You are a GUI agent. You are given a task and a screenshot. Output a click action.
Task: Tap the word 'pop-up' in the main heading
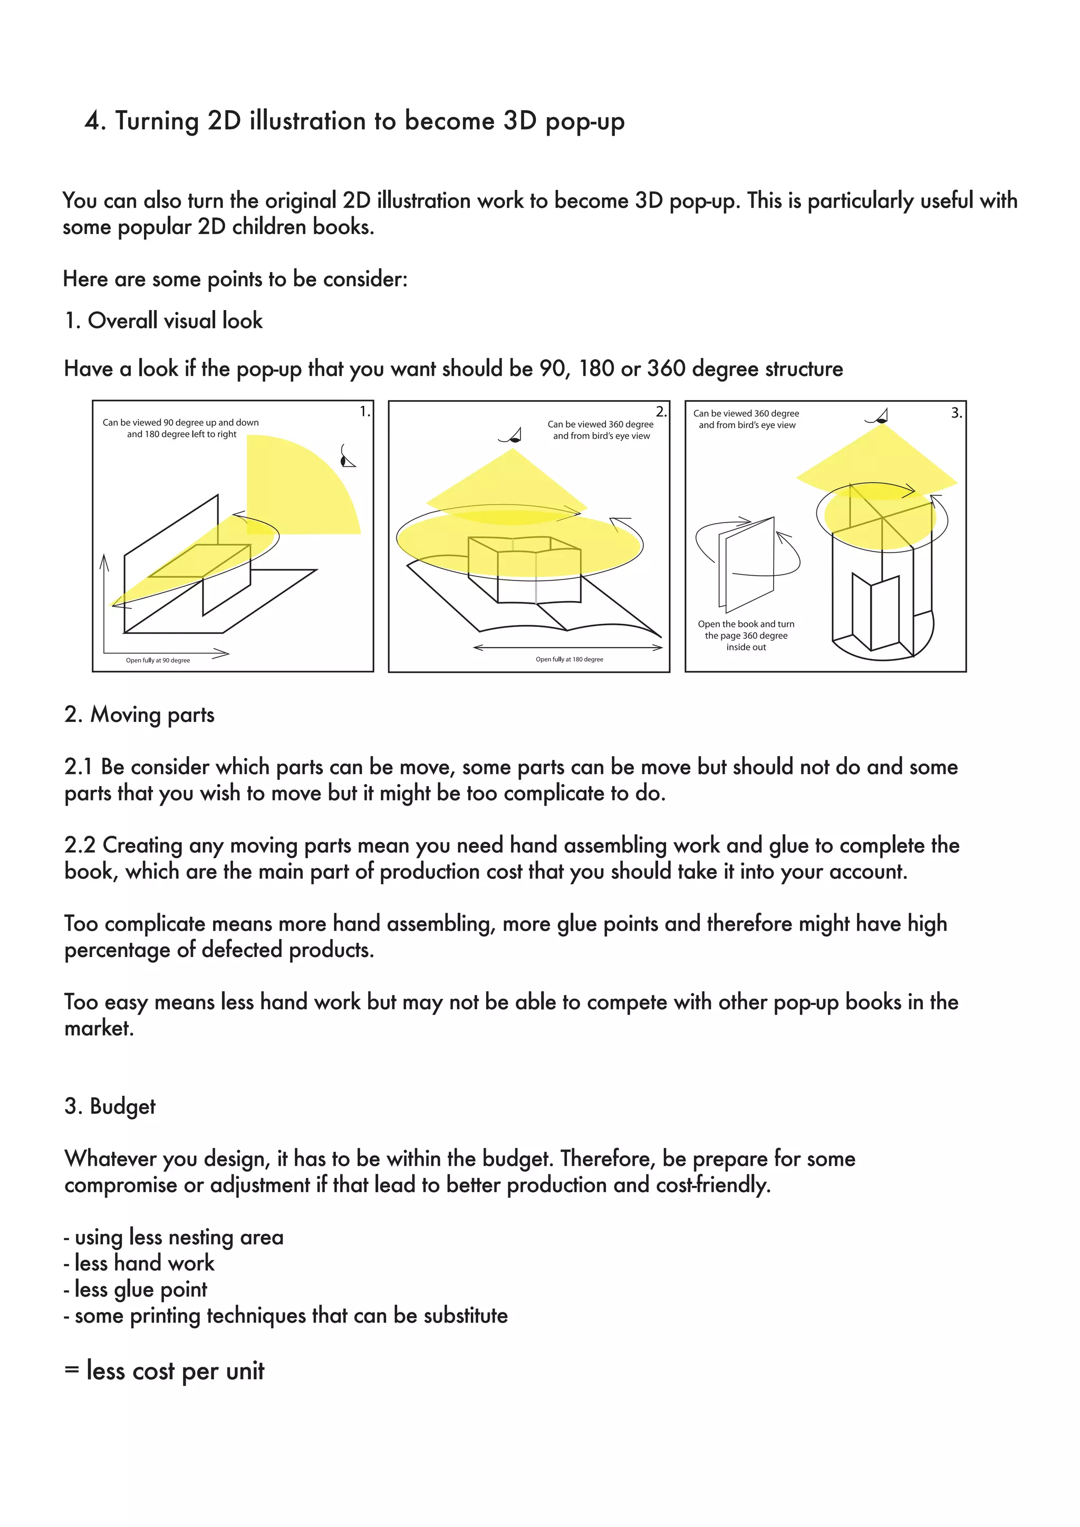tap(584, 122)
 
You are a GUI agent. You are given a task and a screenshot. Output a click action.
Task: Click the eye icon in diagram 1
tap(346, 457)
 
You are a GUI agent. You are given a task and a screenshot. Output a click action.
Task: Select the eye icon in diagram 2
tap(511, 436)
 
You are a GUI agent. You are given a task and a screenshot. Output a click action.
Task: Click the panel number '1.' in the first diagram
tap(364, 412)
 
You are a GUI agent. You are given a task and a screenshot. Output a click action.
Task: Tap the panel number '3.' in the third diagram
tap(956, 413)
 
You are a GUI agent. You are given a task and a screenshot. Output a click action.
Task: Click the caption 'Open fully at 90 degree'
tap(158, 660)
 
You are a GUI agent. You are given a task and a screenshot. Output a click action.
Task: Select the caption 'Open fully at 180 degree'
tap(569, 659)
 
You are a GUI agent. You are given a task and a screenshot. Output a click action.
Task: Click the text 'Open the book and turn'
tap(746, 624)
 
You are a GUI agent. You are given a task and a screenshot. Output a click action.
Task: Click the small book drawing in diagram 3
tap(748, 565)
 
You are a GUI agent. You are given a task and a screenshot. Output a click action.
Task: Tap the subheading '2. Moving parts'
tap(139, 715)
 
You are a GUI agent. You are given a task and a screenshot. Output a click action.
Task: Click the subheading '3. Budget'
tap(110, 1106)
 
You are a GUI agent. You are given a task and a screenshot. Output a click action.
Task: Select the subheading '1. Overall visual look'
tap(163, 321)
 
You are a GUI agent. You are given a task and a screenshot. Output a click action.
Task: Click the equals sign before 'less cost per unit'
tap(71, 1371)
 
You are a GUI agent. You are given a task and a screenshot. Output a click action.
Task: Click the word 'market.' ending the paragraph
tap(99, 1028)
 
